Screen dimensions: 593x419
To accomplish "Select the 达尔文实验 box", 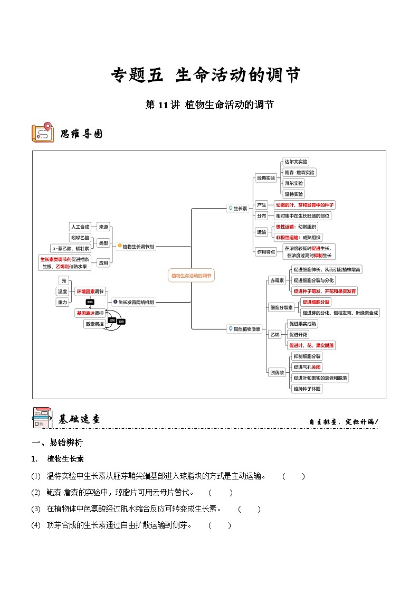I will tap(296, 162).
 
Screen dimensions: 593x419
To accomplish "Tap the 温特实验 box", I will tap(294, 194).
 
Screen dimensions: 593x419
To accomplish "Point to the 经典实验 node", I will tap(265, 178).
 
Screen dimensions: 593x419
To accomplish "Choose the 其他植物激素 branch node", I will tap(244, 329).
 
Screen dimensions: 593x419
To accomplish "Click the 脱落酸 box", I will tap(277, 372).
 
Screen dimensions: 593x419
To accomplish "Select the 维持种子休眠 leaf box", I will tap(307, 389).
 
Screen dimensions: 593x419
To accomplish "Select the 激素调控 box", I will tap(94, 324).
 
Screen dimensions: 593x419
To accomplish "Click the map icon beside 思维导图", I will tap(42, 133).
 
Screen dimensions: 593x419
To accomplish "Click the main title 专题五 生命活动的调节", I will tap(206, 75).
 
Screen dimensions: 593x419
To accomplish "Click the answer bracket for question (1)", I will tap(293, 476).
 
